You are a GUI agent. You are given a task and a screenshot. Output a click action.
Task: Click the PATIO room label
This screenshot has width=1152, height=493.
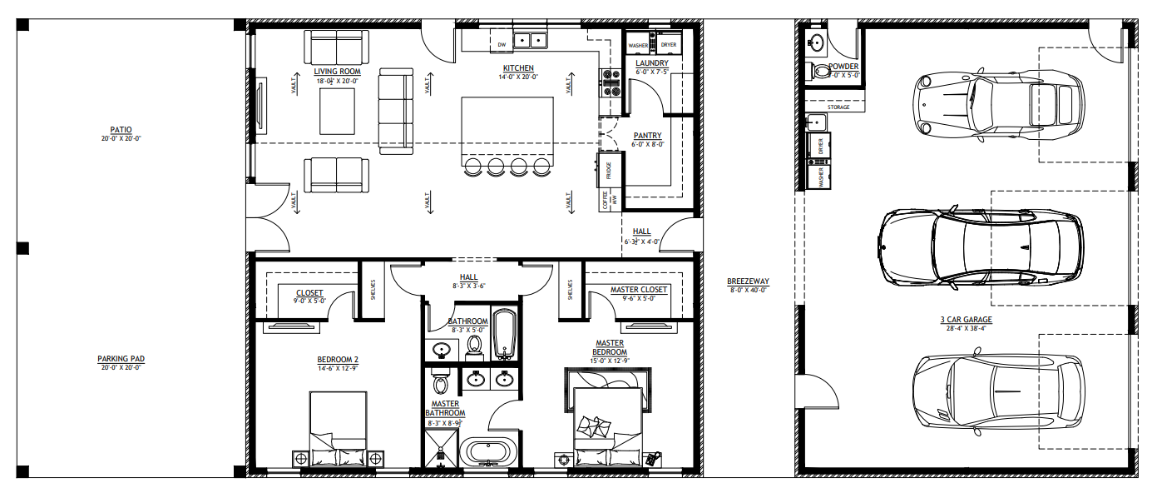[x=121, y=130]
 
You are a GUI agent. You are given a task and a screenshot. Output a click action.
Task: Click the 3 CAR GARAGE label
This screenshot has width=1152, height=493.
[x=966, y=319]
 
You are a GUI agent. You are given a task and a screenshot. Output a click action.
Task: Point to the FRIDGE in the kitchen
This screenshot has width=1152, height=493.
[x=610, y=171]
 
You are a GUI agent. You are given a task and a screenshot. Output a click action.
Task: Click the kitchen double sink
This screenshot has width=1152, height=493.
[x=529, y=39]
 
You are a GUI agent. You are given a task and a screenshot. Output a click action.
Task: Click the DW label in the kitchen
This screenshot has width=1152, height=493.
[x=502, y=45]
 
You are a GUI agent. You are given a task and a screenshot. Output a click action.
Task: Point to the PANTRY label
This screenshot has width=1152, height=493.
[x=647, y=136]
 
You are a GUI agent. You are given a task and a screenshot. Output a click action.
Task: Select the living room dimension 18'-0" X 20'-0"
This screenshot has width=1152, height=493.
[x=335, y=81]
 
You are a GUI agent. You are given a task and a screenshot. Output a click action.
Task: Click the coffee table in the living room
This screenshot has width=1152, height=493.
[x=337, y=110]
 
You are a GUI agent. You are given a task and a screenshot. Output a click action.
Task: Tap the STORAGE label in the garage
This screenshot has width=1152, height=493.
[x=838, y=107]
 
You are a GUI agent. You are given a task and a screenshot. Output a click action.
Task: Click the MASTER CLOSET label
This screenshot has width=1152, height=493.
[x=638, y=290]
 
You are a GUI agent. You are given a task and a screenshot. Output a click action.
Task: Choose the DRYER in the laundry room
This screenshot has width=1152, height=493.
[x=668, y=45]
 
